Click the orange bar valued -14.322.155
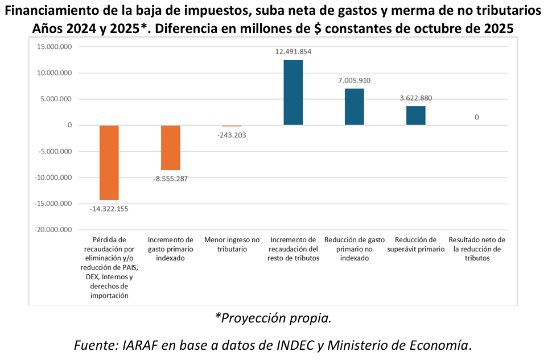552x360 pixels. tap(109, 162)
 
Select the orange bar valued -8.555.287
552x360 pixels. tap(171, 147)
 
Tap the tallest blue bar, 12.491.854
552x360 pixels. tap(293, 92)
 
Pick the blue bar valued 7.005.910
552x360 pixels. tap(354, 107)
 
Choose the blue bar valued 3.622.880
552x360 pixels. tap(415, 115)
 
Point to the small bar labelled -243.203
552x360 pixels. tap(232, 126)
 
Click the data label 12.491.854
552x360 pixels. tap(293, 52)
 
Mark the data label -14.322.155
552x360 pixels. tap(109, 209)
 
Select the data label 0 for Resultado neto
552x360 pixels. tap(476, 117)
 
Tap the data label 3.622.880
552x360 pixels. tap(415, 98)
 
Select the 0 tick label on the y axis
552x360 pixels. tap(69, 125)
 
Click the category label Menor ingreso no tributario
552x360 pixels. tap(232, 245)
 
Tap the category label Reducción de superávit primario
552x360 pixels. tap(415, 245)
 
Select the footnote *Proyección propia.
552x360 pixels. tap(273, 318)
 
